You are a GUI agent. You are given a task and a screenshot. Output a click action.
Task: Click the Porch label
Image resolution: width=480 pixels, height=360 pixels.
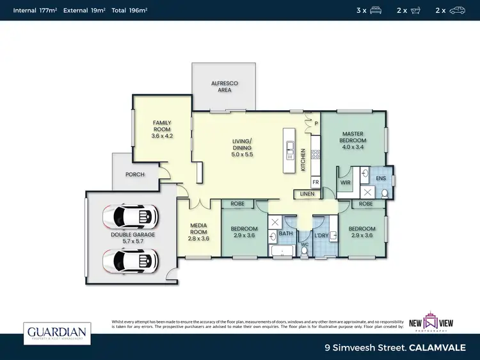coord(134,174)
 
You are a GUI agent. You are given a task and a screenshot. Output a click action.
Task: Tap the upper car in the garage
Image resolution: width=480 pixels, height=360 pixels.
coord(130,217)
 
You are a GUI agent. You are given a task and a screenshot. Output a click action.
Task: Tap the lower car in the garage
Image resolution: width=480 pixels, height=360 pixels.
coord(130,261)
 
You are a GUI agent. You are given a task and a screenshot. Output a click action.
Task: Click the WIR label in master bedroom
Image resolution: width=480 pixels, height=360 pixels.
coord(346,183)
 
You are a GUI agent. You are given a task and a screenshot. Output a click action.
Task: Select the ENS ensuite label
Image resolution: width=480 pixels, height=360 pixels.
coord(381,178)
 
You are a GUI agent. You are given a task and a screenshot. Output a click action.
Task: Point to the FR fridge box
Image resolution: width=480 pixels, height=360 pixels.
coord(315,182)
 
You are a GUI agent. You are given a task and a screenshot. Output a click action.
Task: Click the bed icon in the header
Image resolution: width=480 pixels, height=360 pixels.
coord(375,10)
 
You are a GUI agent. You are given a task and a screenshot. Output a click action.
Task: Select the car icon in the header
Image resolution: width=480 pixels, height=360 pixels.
coord(457,10)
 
